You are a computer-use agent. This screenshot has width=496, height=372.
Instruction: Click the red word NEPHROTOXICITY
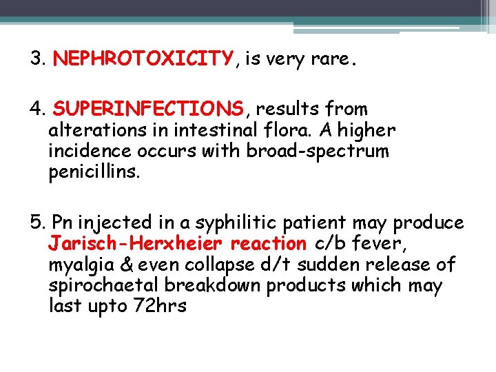tap(143, 59)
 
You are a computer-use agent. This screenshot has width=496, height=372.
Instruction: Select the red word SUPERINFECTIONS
tap(148, 109)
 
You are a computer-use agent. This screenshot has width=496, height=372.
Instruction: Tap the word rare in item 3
tap(331, 59)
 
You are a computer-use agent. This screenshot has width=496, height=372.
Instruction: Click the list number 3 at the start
tap(37, 59)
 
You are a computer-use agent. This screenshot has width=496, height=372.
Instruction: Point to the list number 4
tap(37, 109)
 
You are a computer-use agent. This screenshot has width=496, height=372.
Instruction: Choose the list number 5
tap(37, 223)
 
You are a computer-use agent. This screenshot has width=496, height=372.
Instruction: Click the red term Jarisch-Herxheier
tap(136, 244)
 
